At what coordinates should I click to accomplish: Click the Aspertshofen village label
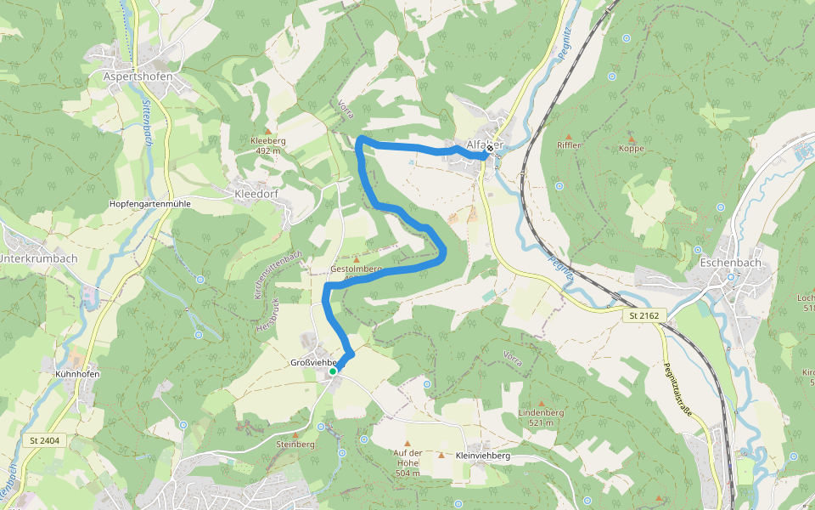pos(138,76)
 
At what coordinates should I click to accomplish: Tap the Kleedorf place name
pos(255,193)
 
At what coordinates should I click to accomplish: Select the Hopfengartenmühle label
pos(150,205)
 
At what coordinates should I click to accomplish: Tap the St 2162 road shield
pos(644,315)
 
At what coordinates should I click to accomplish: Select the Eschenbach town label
pos(730,263)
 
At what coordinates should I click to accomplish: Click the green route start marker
pos(333,371)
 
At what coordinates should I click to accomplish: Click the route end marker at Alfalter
pos(489,148)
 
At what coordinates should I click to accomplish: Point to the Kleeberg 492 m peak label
pos(267,145)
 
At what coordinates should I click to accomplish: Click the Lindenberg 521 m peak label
pos(541,417)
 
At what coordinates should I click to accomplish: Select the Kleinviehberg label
pos(482,456)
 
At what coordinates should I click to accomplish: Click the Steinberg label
pos(295,444)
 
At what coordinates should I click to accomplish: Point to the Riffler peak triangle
pos(569,136)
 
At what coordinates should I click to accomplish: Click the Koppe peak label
pos(632,149)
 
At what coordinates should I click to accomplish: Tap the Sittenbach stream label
pos(145,116)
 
